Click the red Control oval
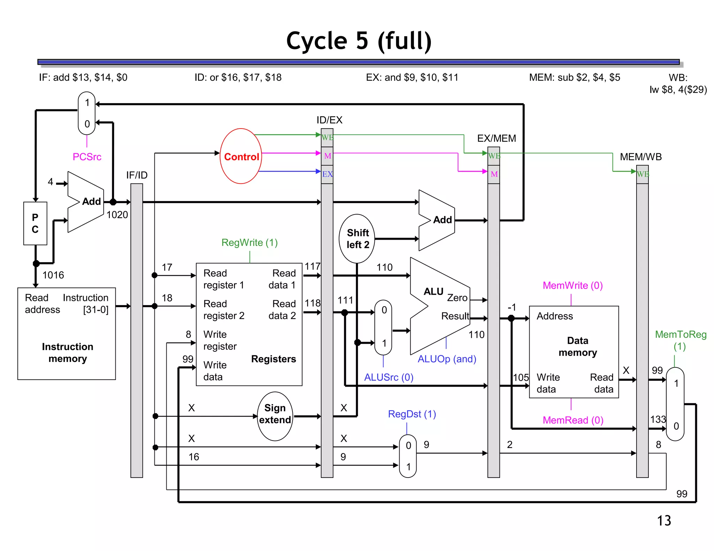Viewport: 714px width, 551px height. tap(241, 156)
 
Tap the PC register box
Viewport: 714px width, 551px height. tap(35, 223)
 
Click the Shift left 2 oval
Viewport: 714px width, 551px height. tap(357, 239)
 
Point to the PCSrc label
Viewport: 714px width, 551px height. tap(87, 157)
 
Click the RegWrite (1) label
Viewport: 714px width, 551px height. tap(250, 242)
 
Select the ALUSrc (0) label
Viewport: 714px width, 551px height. tap(388, 377)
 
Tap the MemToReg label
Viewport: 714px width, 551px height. tap(680, 334)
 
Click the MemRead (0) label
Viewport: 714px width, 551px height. tap(573, 420)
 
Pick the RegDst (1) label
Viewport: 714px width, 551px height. tap(412, 414)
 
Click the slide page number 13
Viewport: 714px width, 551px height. tap(664, 521)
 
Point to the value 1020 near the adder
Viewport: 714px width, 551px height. tap(117, 215)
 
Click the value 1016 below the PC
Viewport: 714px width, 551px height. tap(53, 275)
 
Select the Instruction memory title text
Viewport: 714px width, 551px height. tap(67, 352)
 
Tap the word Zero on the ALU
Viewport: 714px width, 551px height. tap(457, 298)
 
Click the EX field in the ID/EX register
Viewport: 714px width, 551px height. tap(327, 174)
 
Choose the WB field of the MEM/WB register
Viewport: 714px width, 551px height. tap(643, 174)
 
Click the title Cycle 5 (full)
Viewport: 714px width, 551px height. tap(359, 41)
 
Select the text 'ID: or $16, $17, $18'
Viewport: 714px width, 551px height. tap(238, 77)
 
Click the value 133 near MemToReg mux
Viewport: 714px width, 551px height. tap(658, 419)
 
